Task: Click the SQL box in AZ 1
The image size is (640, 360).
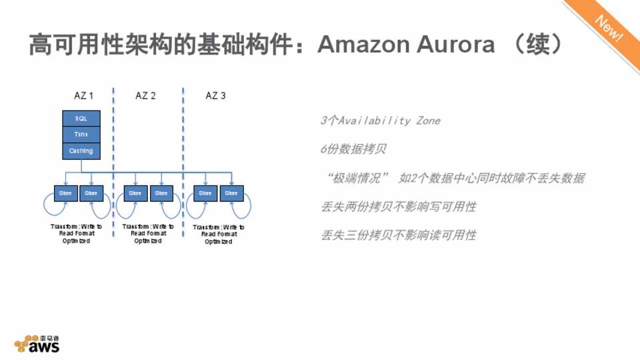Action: (x=81, y=118)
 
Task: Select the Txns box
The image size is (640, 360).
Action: (x=81, y=135)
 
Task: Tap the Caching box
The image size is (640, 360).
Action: (x=81, y=151)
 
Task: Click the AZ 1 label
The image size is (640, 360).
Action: (x=83, y=96)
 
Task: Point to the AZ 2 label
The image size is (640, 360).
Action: (x=145, y=96)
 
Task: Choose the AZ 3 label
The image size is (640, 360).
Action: (x=215, y=96)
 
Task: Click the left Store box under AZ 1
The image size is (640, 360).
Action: (x=65, y=193)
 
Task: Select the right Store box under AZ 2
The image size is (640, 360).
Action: (x=161, y=193)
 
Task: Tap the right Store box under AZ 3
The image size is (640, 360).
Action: (x=231, y=193)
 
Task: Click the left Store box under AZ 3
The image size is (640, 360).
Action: (x=205, y=193)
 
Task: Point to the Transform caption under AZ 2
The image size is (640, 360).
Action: (x=148, y=234)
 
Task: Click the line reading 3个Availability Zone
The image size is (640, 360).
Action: (x=380, y=121)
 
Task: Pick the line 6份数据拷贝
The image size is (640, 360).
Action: (x=353, y=149)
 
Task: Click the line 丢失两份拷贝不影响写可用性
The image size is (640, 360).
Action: (x=399, y=207)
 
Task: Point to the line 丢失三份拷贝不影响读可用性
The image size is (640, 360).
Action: (x=399, y=235)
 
